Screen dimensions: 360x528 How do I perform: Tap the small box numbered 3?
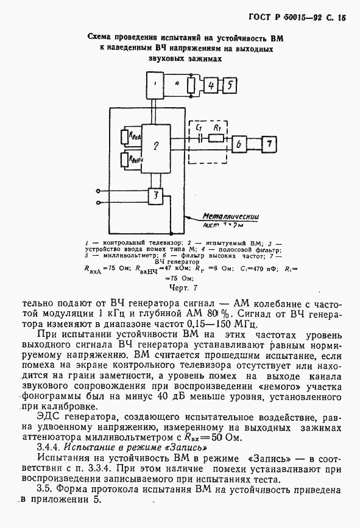[x=155, y=196]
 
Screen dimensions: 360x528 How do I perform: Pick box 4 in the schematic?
[x=211, y=86]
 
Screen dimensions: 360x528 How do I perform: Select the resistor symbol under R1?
[x=216, y=139]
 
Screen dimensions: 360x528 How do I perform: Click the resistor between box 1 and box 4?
[x=191, y=85]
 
